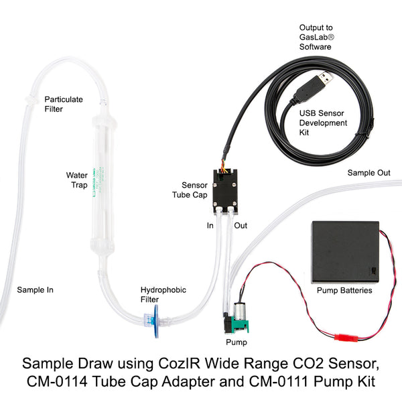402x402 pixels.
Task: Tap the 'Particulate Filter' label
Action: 64,104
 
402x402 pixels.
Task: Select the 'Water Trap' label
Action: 76,180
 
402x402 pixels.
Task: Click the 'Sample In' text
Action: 35,290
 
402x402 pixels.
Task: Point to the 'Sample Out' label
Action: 368,173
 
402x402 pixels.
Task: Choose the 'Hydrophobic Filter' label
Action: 163,295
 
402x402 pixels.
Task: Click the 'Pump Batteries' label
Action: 344,291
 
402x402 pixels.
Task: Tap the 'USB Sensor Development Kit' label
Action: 323,123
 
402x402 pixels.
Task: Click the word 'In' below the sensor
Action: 210,226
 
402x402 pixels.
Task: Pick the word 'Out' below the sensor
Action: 240,226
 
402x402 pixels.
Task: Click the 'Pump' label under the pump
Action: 237,342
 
